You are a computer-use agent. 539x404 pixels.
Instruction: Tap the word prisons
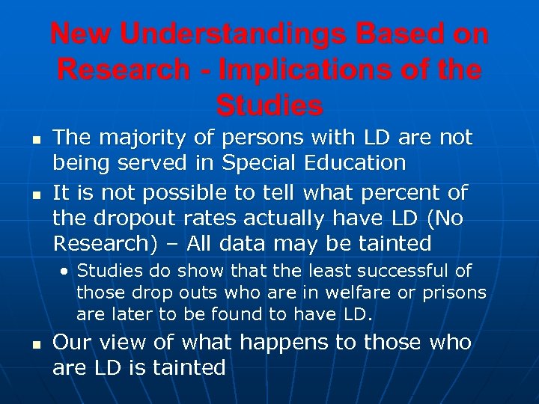(x=451, y=293)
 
